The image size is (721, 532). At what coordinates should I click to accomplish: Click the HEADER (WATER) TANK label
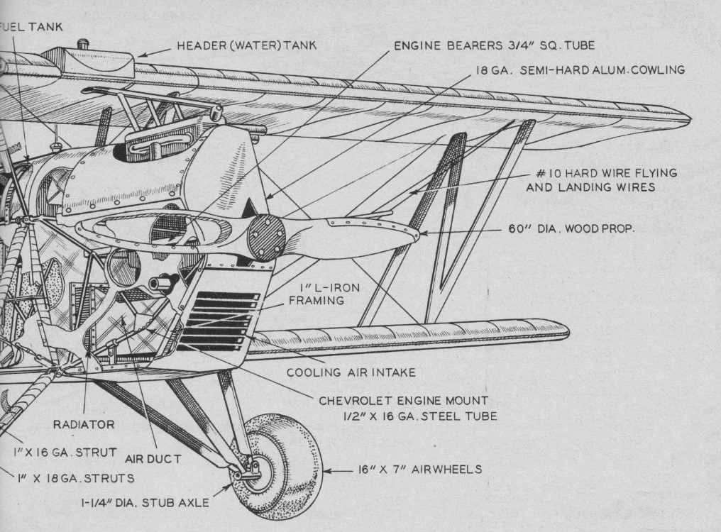coord(246,46)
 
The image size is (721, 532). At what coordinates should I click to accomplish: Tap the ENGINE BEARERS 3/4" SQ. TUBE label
coord(494,45)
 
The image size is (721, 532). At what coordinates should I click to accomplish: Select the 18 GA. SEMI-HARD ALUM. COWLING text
coord(580,70)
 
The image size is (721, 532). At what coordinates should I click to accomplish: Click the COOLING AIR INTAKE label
coord(351,372)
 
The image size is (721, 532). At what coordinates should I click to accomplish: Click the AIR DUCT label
coord(152,458)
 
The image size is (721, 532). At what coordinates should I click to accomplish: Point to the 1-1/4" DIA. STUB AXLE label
coord(144,503)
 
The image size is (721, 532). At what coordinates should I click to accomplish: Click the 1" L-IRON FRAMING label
coord(317,294)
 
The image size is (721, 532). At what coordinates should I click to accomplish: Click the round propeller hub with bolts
coord(267,236)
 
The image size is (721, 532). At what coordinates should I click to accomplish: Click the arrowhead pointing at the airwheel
coord(327,470)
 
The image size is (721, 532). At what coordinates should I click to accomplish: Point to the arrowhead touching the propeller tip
coord(424,231)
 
